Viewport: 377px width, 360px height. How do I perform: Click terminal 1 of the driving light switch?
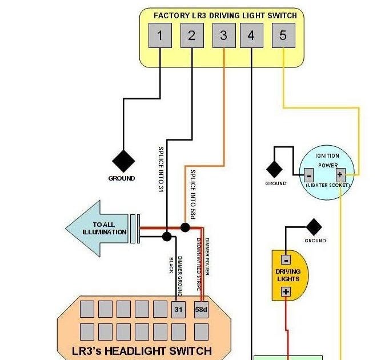coord(160,35)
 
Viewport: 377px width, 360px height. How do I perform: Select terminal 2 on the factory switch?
coord(191,35)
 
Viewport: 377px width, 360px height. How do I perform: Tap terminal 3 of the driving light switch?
coord(223,35)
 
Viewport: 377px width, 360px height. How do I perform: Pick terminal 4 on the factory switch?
coord(251,35)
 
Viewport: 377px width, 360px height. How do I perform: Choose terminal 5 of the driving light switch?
coord(283,35)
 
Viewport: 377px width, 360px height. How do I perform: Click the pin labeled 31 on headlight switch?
coord(178,309)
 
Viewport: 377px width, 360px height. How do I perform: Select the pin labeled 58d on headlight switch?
coord(201,309)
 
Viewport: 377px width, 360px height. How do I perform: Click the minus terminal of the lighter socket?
coord(308,175)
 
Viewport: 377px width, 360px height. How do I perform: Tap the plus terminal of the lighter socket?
coord(340,175)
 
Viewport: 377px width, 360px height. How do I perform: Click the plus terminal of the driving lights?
coord(286,292)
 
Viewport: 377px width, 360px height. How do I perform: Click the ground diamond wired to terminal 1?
coord(123,161)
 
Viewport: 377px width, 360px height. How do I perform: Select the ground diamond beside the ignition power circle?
coord(275,170)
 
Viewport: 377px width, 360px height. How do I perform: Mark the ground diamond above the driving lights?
coord(314,227)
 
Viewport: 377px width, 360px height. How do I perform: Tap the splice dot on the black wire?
coord(167,236)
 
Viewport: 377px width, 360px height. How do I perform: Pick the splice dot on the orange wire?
coord(185,227)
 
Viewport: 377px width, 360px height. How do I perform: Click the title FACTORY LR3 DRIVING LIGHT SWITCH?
coord(226,15)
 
